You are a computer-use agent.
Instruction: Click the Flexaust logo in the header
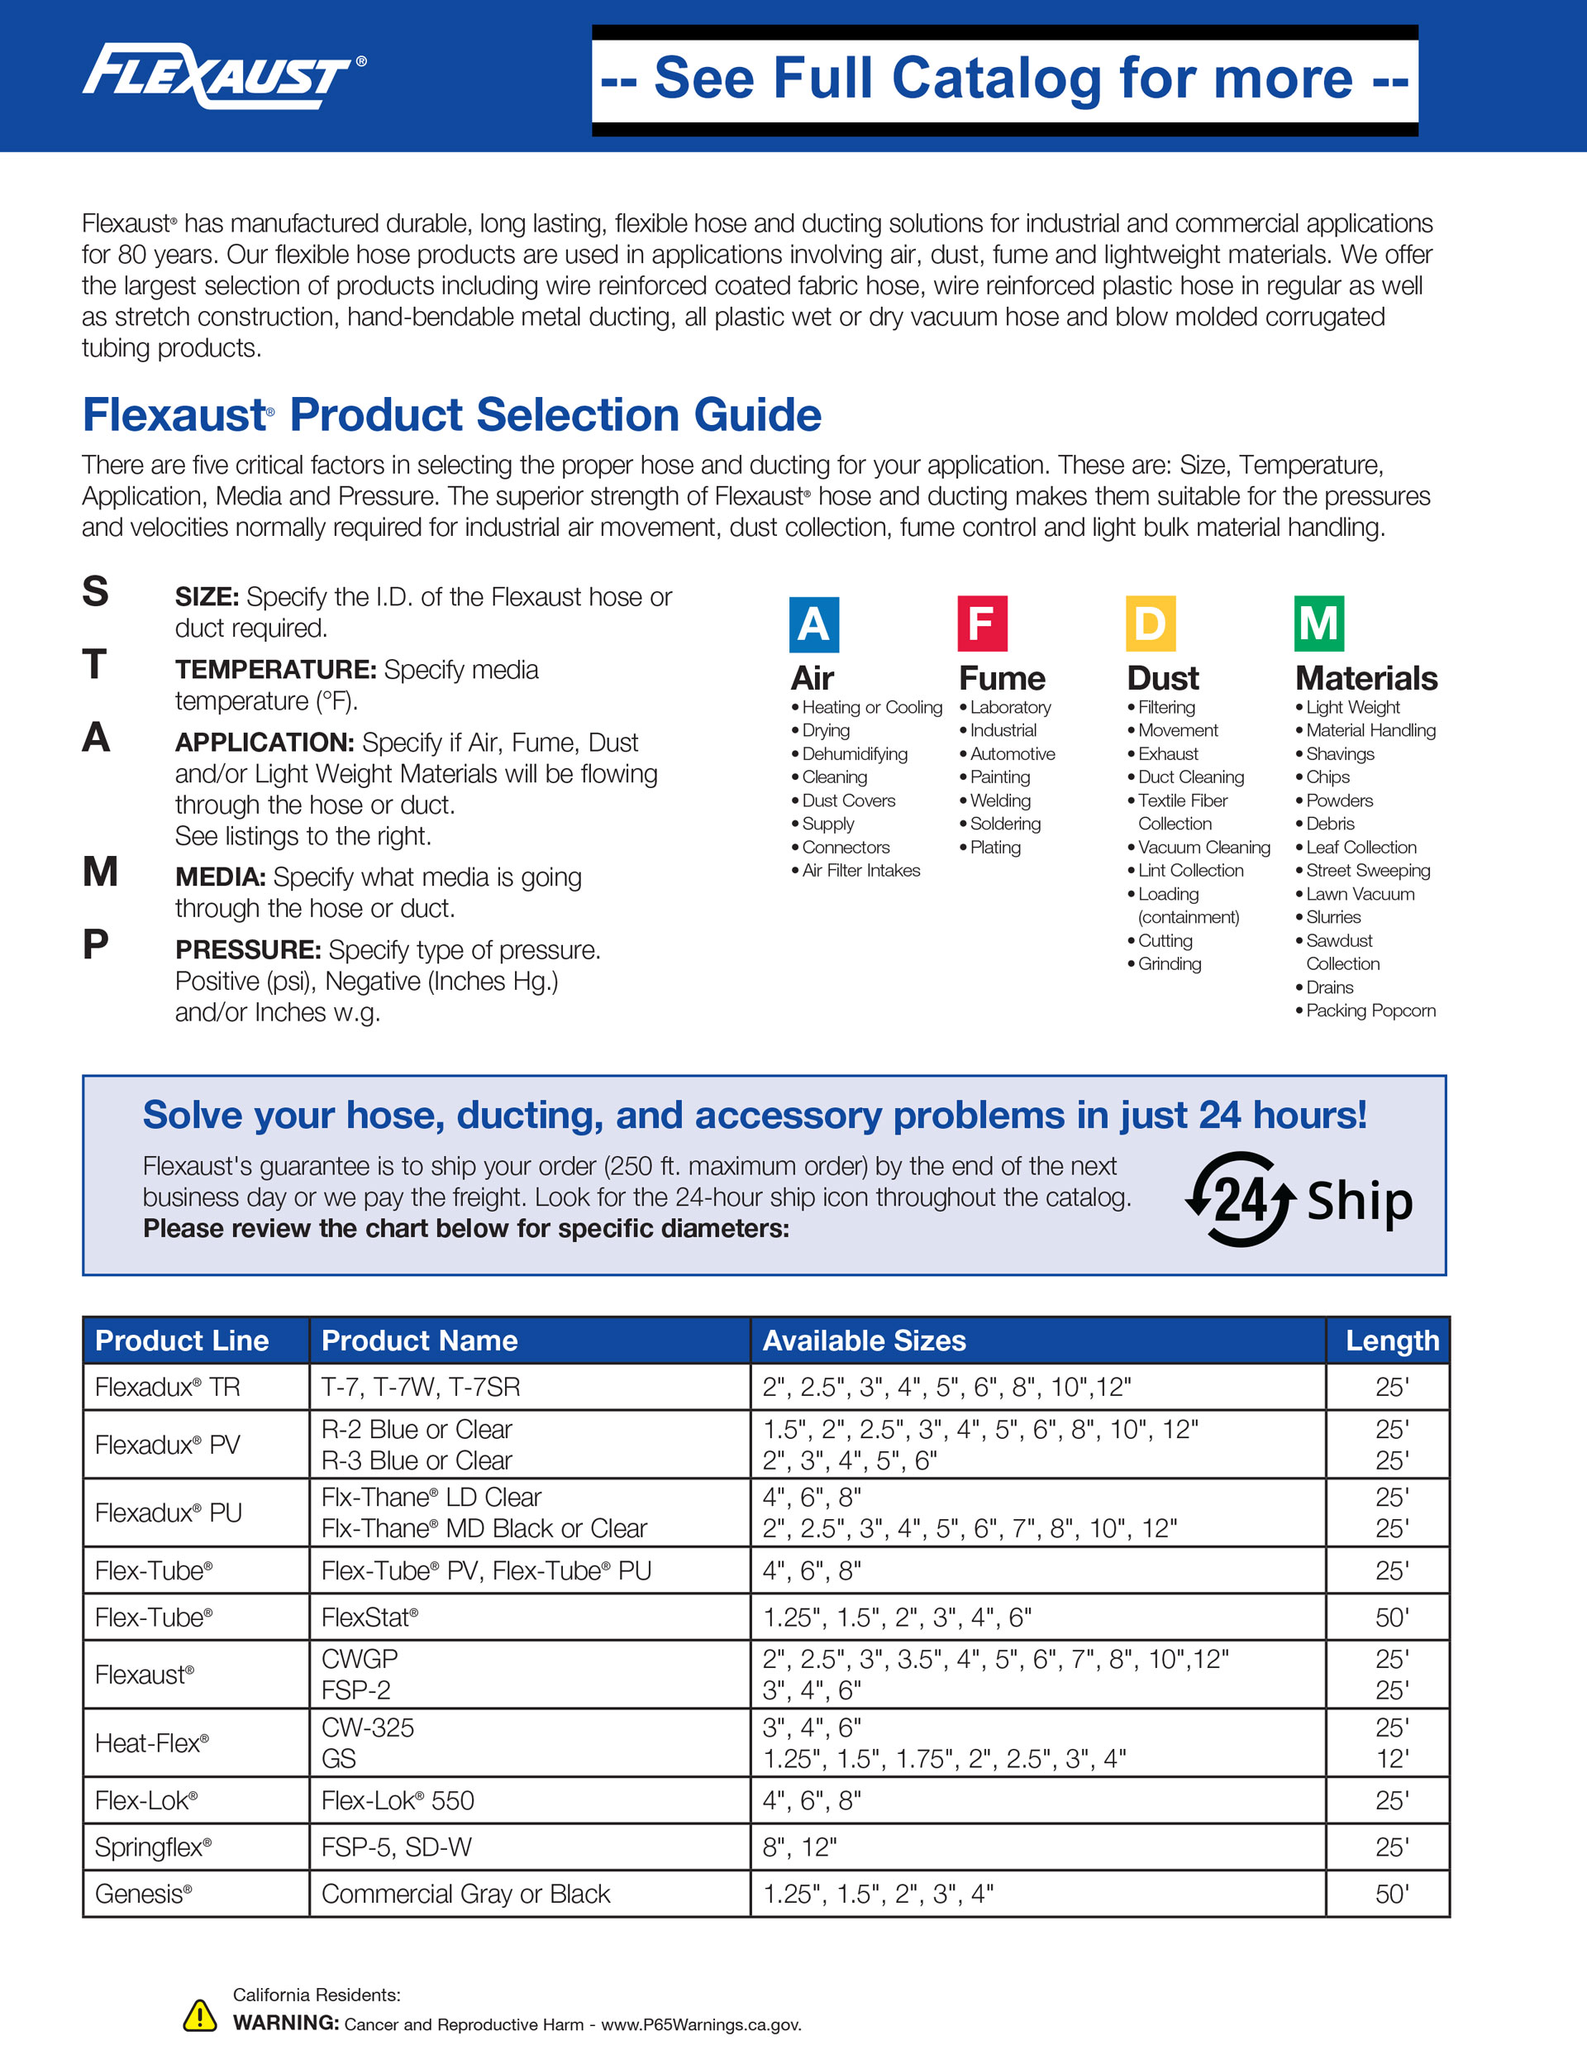click(x=223, y=75)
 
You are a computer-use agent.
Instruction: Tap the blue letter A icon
click(x=813, y=624)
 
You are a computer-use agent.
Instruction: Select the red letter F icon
click(x=982, y=624)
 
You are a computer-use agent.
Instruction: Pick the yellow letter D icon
click(x=1151, y=624)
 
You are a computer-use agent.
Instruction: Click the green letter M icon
click(x=1319, y=624)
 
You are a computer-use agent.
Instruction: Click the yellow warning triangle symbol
click(x=199, y=2014)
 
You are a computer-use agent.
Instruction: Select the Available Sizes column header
click(x=864, y=1340)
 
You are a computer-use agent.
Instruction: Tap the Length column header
click(x=1391, y=1340)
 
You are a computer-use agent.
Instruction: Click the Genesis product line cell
click(x=144, y=1893)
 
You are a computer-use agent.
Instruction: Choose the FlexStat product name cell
click(x=369, y=1617)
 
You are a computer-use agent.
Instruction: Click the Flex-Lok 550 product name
click(x=398, y=1800)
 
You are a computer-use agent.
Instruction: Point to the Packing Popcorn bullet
click(x=1370, y=1011)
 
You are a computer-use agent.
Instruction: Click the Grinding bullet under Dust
click(x=1170, y=963)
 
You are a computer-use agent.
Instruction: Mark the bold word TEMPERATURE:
click(x=275, y=670)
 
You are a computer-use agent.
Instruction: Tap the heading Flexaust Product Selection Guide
click(x=451, y=415)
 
